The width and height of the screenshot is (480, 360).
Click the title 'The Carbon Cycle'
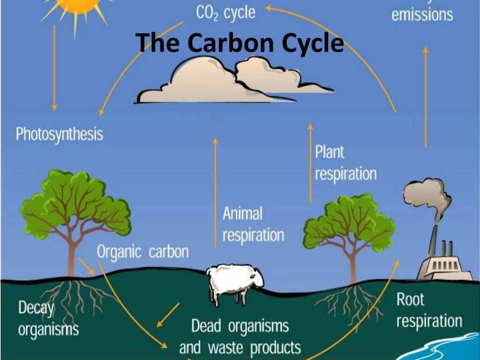(240, 44)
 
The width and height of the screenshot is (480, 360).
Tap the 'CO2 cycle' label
(225, 13)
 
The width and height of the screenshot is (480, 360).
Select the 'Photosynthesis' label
(59, 135)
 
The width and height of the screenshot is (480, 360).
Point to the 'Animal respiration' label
(253, 225)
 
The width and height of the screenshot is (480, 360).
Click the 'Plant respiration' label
(345, 163)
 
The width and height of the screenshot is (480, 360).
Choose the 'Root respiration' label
(429, 310)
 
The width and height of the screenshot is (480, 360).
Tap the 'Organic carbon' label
(142, 252)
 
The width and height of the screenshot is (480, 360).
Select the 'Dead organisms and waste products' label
(240, 337)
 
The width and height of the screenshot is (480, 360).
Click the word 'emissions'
(422, 15)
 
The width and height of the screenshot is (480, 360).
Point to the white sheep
(235, 282)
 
